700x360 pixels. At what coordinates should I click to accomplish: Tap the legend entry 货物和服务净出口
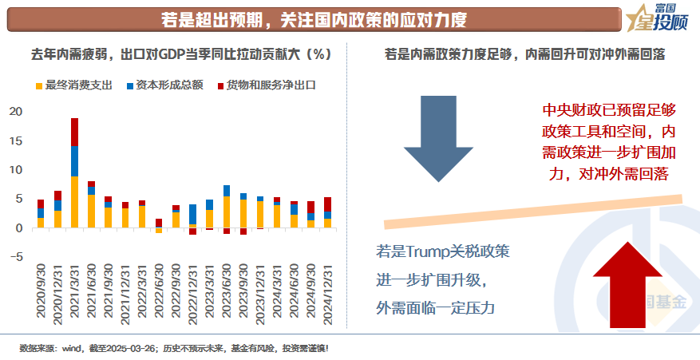click(x=264, y=84)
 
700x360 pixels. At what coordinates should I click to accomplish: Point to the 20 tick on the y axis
click(x=15, y=111)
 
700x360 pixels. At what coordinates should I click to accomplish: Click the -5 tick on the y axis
click(x=15, y=257)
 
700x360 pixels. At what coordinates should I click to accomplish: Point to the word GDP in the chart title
click(x=172, y=55)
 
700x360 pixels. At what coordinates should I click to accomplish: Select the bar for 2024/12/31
click(x=327, y=212)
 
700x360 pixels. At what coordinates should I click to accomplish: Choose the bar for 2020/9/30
click(x=41, y=214)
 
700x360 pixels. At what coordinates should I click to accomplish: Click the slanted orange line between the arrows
click(x=533, y=209)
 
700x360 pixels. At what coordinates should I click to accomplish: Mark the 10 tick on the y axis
click(x=15, y=169)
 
